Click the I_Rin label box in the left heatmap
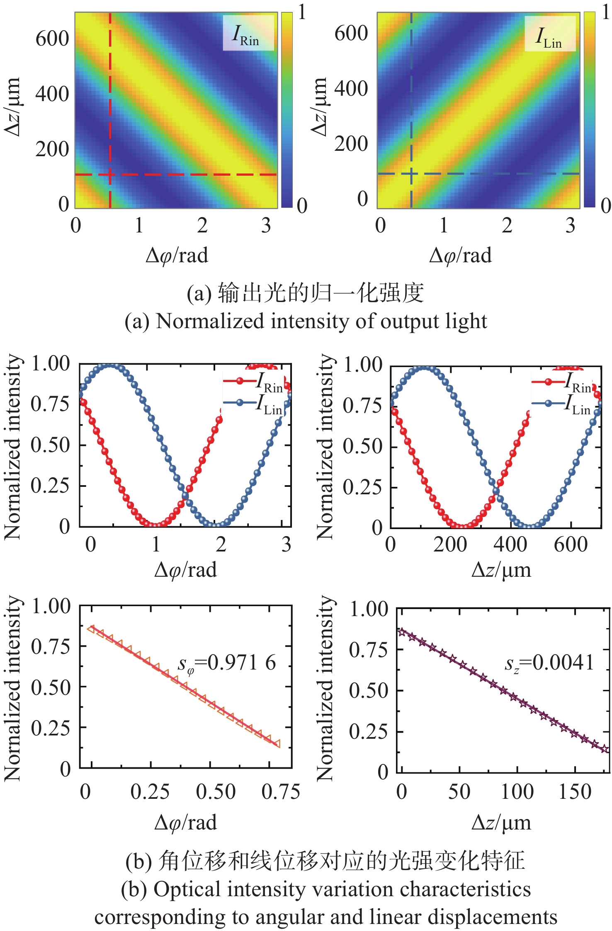point(248,33)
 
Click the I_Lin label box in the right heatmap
point(550,34)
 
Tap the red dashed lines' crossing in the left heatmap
point(110,174)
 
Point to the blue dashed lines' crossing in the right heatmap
point(411,174)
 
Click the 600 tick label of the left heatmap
point(52,39)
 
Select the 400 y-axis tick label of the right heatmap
point(351,89)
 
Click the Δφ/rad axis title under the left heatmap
point(177,255)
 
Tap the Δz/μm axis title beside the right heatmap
point(320,107)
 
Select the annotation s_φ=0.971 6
point(227,663)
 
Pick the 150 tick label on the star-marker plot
point(575,791)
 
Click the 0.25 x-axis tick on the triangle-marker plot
point(150,791)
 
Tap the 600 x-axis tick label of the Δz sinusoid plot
point(571,544)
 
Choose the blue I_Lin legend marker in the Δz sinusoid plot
point(548,403)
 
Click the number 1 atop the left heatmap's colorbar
point(302,12)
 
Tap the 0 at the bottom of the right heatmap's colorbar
point(606,206)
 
